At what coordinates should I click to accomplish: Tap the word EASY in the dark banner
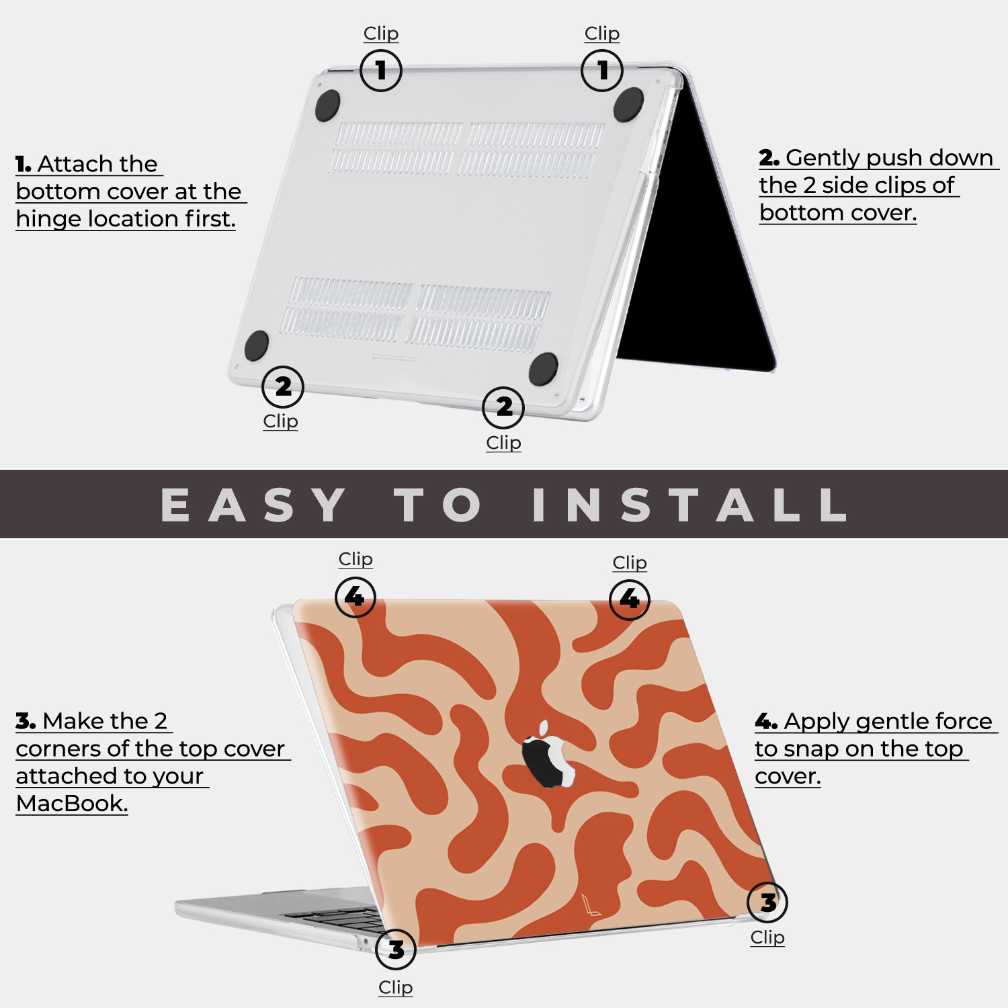tap(253, 505)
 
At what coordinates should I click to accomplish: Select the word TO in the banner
tap(438, 505)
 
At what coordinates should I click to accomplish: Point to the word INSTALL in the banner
tap(689, 505)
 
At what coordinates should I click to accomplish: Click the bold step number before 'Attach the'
tap(24, 164)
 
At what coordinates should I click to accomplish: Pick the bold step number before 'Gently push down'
tap(769, 158)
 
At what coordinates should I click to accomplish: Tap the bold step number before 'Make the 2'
tap(26, 721)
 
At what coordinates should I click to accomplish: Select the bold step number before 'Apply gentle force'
tap(766, 722)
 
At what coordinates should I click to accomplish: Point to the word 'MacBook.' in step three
tap(72, 803)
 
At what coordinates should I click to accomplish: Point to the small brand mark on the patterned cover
tap(591, 905)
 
